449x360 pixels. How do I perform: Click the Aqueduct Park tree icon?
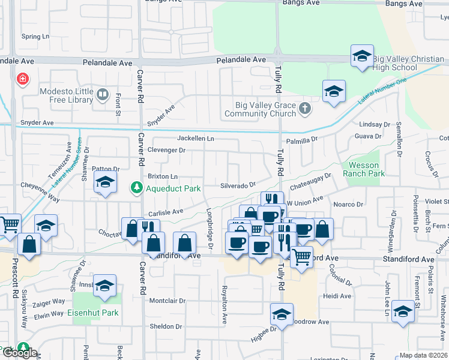pyautogui.click(x=137, y=188)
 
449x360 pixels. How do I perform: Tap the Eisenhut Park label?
pyautogui.click(x=93, y=313)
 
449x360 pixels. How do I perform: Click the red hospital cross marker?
pyautogui.click(x=23, y=79)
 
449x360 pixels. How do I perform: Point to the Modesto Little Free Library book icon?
pyautogui.click(x=103, y=95)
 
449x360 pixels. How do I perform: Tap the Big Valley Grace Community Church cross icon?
pyautogui.click(x=305, y=109)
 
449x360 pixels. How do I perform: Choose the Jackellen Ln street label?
pyautogui.click(x=195, y=139)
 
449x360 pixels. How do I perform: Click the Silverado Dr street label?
pyautogui.click(x=238, y=186)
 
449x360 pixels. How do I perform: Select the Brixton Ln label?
pyautogui.click(x=163, y=176)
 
